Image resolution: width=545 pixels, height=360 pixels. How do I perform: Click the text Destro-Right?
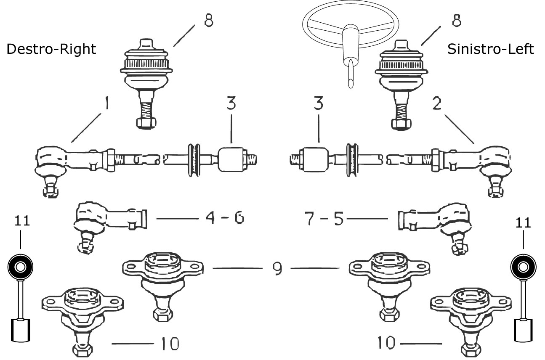[x=51, y=50]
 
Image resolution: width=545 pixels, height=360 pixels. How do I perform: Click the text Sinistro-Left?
[x=491, y=49]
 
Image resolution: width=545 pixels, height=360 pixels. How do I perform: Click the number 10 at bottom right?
[x=386, y=344]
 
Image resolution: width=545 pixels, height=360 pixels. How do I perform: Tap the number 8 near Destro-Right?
[x=207, y=20]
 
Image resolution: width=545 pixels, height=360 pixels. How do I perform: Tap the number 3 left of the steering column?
[x=231, y=104]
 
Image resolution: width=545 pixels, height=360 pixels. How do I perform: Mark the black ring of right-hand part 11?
[x=523, y=267]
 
